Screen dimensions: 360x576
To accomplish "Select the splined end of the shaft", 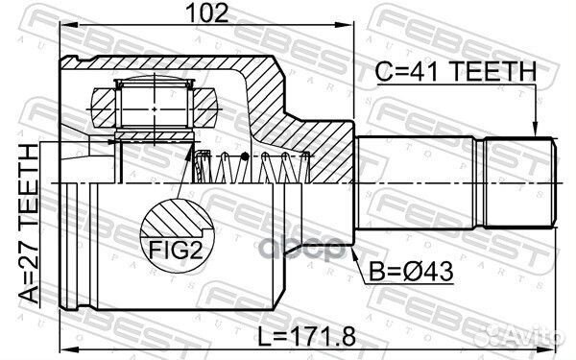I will point(519,183).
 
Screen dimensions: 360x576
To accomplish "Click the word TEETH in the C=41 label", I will point(491,69).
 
